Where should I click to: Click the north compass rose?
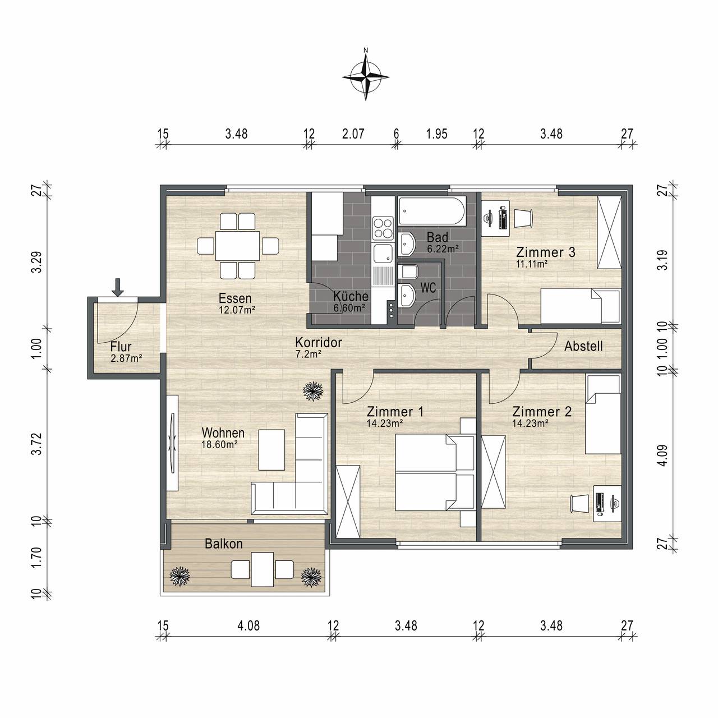366,77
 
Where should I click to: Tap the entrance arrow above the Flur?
118,287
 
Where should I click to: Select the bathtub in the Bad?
431,211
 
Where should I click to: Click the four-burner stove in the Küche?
383,228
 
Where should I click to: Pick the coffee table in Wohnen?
271,450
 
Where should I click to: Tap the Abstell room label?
583,346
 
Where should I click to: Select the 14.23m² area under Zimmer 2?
530,424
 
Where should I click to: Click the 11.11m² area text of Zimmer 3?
532,264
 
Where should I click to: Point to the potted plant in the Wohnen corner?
313,391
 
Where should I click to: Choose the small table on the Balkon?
263,569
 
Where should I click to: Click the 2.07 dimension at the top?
353,134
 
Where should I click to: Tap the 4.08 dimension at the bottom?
248,625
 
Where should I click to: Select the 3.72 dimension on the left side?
36,444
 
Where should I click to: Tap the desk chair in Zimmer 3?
523,218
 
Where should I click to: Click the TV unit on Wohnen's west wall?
173,443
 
